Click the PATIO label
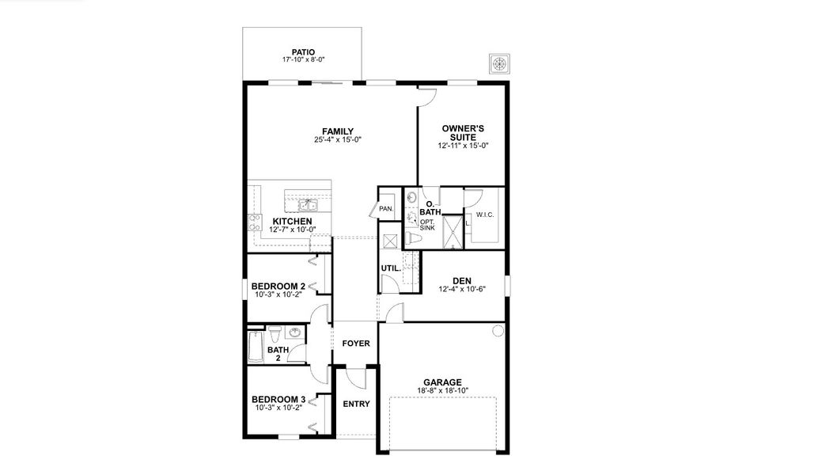[303, 52]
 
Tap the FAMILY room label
[337, 131]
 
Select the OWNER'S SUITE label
[463, 132]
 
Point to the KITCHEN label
[292, 221]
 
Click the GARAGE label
[441, 382]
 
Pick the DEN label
[462, 280]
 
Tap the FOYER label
[356, 344]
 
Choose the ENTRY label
[356, 404]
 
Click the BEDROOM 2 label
[278, 286]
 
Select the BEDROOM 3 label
[278, 399]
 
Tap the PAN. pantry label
[387, 209]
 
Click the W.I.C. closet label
[484, 215]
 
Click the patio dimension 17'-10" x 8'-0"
[303, 61]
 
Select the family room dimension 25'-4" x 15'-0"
[337, 140]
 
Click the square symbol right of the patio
[499, 63]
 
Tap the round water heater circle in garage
[498, 331]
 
